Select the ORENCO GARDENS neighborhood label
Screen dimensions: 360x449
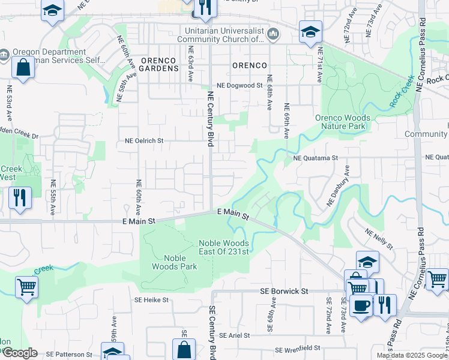click(x=159, y=64)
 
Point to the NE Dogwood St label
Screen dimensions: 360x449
click(x=240, y=86)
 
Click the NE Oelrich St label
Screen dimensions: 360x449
click(x=144, y=140)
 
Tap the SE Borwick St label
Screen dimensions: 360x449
click(x=284, y=291)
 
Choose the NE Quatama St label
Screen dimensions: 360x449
click(x=316, y=158)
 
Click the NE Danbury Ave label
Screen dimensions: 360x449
click(x=338, y=191)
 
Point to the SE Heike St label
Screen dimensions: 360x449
click(x=152, y=299)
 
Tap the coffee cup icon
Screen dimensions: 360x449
click(x=361, y=305)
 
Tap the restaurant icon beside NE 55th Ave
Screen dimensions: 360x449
click(x=20, y=196)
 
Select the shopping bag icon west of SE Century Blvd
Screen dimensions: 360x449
click(x=184, y=349)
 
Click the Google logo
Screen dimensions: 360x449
click(x=19, y=353)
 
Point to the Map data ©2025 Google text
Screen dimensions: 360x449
click(x=412, y=355)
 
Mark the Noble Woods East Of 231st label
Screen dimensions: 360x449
click(x=224, y=247)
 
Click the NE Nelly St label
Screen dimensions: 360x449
click(x=378, y=238)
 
